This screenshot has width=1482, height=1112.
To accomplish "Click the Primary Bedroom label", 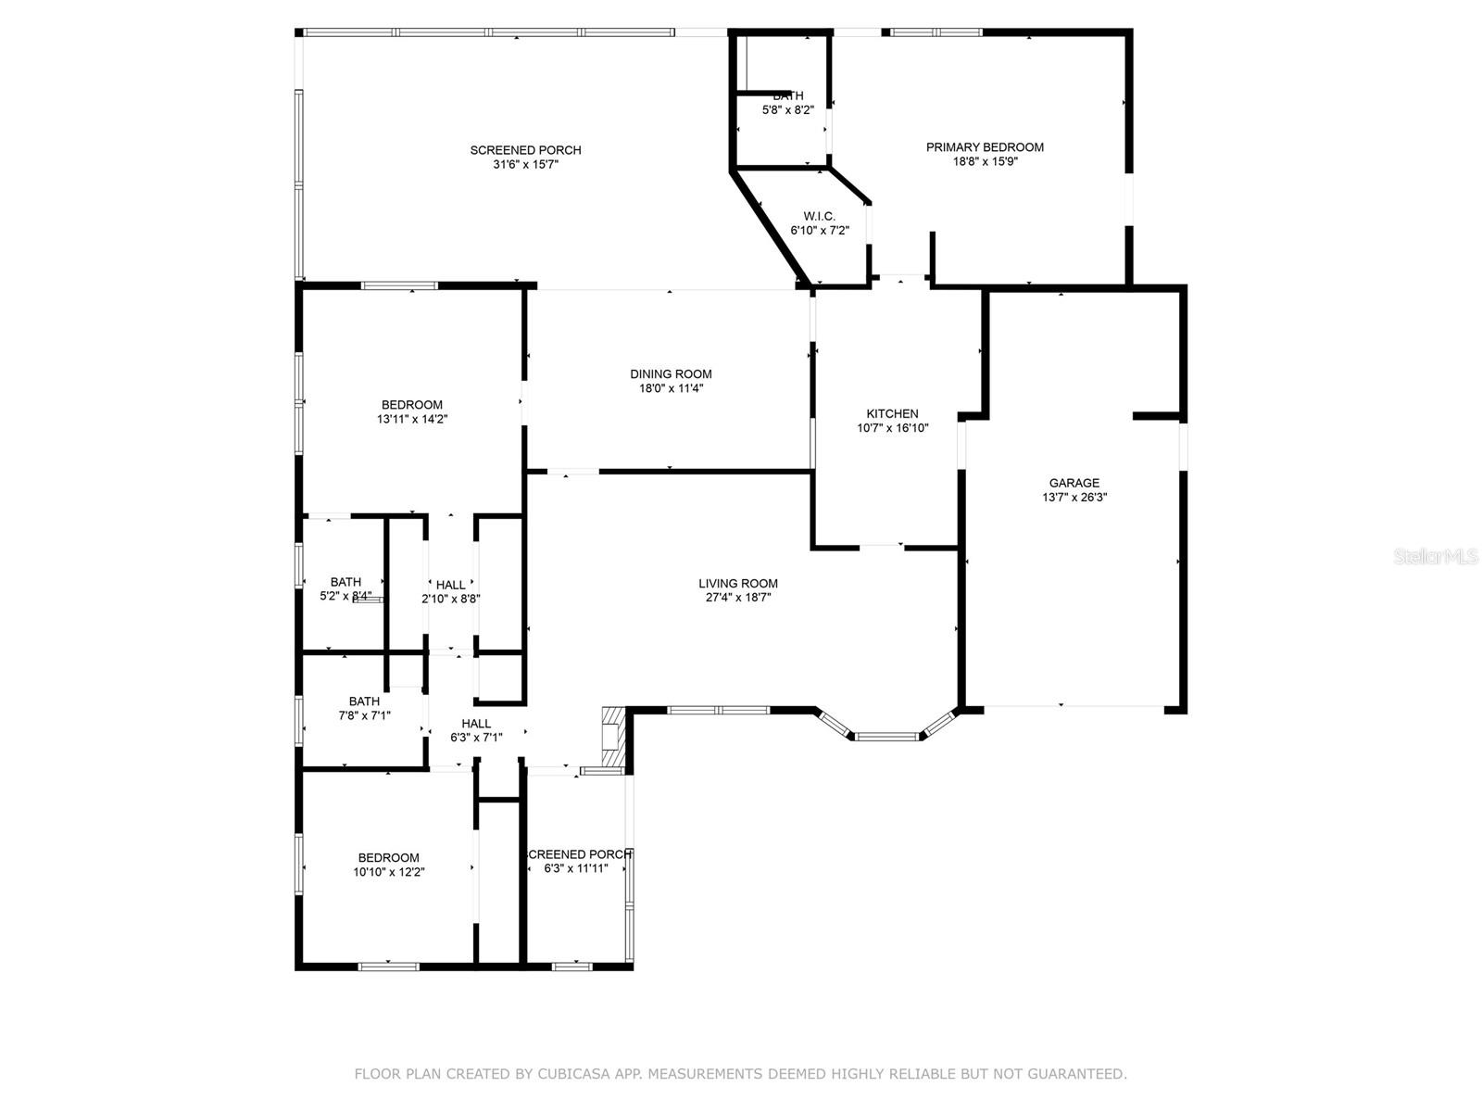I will [985, 147].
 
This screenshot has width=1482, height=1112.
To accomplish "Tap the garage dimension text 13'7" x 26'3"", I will [1074, 497].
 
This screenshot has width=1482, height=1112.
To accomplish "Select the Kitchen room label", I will [892, 414].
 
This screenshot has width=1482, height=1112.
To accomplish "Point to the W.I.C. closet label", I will [819, 217].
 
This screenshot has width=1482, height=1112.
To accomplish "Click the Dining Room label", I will [671, 374].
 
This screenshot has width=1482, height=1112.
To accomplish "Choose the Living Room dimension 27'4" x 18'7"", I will [738, 598].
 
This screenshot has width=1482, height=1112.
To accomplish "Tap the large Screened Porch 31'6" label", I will [525, 151].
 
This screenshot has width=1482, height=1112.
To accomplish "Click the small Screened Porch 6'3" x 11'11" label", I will [579, 854].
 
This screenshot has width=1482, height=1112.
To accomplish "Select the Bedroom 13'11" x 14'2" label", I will [412, 405].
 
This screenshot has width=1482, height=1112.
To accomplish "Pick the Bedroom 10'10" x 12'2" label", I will [389, 858].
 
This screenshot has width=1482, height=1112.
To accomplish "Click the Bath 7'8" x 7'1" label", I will [364, 701].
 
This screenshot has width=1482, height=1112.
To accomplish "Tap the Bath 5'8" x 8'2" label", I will [787, 96].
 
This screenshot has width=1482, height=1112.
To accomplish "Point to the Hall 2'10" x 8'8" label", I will [451, 586].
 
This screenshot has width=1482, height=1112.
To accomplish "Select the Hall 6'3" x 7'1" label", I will [476, 724].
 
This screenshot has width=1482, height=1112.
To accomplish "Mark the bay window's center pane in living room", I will [887, 737].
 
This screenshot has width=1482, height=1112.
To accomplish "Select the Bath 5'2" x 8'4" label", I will [345, 583].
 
